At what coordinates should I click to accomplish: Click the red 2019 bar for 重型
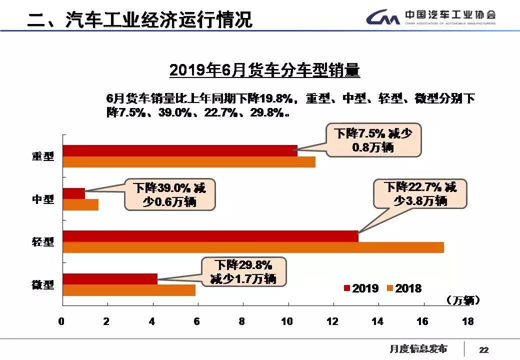click(x=180, y=150)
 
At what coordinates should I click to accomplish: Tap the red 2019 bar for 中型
click(x=74, y=193)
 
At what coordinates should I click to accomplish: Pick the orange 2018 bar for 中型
click(x=80, y=205)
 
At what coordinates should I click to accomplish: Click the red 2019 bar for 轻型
click(x=210, y=236)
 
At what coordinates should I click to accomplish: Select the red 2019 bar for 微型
click(x=110, y=279)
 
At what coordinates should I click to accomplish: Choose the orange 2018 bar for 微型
click(x=129, y=290)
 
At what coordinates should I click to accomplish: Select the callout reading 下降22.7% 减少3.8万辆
click(x=420, y=194)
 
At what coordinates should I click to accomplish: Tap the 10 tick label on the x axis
click(x=287, y=321)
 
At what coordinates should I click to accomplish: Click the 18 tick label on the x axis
click(x=467, y=321)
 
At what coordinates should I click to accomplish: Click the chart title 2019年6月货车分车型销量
click(x=264, y=70)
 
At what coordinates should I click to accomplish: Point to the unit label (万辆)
click(x=463, y=300)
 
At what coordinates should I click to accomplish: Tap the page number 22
click(x=483, y=349)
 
